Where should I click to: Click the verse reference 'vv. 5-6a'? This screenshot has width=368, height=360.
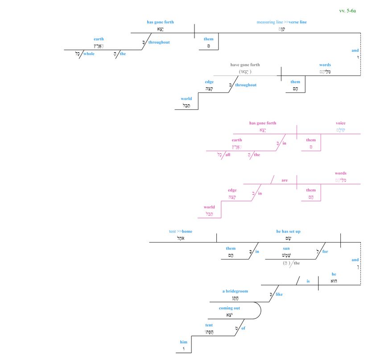(347, 10)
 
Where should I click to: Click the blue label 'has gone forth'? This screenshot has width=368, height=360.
(160, 22)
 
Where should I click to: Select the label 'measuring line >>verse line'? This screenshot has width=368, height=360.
(281, 22)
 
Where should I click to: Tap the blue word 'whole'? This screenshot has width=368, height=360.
(89, 54)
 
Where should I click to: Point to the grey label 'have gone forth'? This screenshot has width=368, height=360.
(245, 65)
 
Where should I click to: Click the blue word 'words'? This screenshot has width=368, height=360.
(325, 65)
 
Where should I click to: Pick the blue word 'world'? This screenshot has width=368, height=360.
(186, 99)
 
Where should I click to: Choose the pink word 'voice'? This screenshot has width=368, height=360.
(340, 123)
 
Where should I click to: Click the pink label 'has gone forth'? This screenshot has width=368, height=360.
(262, 123)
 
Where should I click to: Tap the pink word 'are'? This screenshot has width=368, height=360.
(285, 180)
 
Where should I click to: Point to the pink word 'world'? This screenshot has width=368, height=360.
(209, 207)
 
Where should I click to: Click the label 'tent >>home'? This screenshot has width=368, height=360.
(181, 231)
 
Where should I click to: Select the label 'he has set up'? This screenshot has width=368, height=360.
(288, 231)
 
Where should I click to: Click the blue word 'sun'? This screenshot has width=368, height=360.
(286, 248)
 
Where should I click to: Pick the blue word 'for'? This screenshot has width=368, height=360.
(325, 251)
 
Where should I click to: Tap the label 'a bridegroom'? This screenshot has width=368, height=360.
(235, 291)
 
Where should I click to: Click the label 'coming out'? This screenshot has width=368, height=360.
(229, 308)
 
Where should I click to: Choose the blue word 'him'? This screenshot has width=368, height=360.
(184, 342)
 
